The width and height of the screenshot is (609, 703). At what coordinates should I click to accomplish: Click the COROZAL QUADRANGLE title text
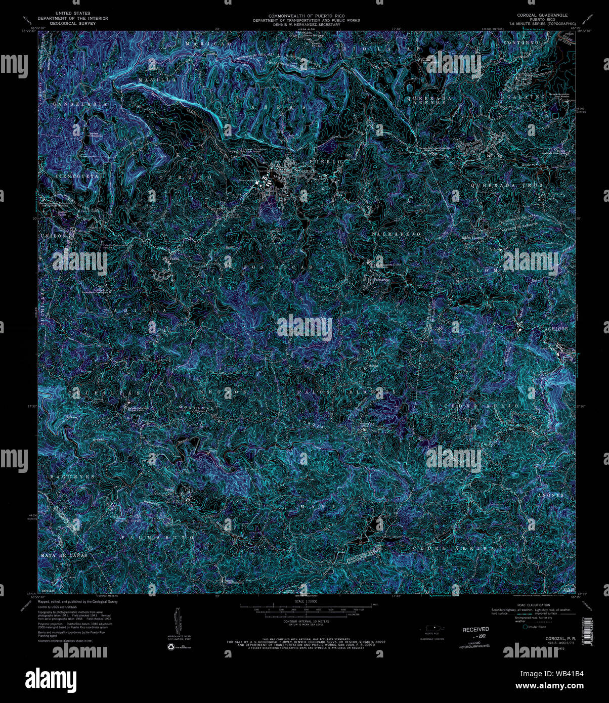click(542, 16)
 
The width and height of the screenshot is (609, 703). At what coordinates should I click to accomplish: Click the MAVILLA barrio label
click(158, 80)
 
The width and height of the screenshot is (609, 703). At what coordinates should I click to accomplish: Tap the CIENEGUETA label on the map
click(77, 176)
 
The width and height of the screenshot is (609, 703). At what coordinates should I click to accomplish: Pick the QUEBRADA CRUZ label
click(506, 186)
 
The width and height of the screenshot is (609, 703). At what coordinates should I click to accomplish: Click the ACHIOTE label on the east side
click(556, 329)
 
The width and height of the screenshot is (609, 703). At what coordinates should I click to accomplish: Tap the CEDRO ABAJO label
click(481, 406)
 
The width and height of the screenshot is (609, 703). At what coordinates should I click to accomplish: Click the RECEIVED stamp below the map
click(475, 629)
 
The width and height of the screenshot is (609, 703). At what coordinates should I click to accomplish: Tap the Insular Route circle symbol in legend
click(525, 627)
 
